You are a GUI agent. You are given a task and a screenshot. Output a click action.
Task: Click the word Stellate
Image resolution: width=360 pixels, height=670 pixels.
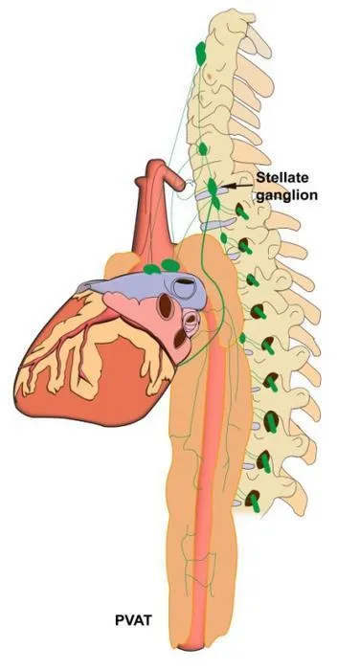[x=282, y=177]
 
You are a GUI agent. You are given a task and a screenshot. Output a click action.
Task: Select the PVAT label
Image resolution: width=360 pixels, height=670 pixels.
[x=133, y=620]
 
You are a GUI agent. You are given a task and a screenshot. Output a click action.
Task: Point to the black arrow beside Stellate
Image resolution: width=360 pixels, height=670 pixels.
[x=236, y=186]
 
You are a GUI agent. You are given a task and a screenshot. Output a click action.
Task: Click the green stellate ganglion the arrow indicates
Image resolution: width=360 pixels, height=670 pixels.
[x=213, y=186]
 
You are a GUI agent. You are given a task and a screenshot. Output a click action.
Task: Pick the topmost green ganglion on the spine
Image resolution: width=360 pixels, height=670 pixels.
[x=200, y=53]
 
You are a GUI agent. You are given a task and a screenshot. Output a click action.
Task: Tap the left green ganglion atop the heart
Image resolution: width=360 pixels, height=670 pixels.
[x=152, y=269]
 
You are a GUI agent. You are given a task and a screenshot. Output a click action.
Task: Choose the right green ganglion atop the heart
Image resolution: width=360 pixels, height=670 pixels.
[x=170, y=265]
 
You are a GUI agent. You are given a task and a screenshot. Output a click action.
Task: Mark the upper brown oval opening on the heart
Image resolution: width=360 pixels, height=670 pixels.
[x=165, y=306]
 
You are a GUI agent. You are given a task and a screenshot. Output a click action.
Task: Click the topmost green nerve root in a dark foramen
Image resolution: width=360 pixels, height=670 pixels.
[x=242, y=212]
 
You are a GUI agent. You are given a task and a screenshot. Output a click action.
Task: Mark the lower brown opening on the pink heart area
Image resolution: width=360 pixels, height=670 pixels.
[x=180, y=338]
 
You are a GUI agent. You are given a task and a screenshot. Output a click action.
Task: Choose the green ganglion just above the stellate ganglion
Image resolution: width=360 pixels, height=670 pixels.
[x=203, y=149]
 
